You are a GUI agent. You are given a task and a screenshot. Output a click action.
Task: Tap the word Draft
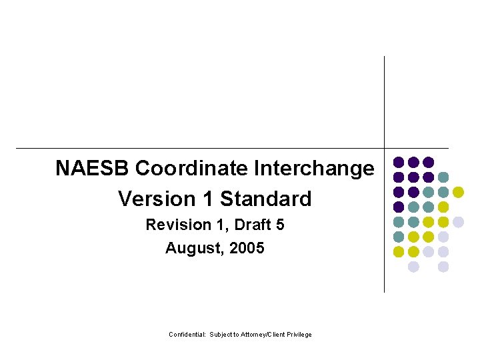pyautogui.click(x=247, y=225)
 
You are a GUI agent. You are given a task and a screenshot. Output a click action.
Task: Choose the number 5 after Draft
pyautogui.click(x=280, y=225)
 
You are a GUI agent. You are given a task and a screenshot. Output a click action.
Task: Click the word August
pyautogui.click(x=191, y=249)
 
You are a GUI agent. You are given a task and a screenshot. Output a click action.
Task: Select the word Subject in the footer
pyautogui.click(x=221, y=335)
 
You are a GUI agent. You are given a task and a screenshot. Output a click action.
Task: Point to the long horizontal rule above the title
pyautogui.click(x=200, y=148)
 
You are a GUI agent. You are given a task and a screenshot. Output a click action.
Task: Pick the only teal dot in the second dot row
pyautogui.click(x=443, y=177)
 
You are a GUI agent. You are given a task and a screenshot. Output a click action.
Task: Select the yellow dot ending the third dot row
pyautogui.click(x=458, y=192)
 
